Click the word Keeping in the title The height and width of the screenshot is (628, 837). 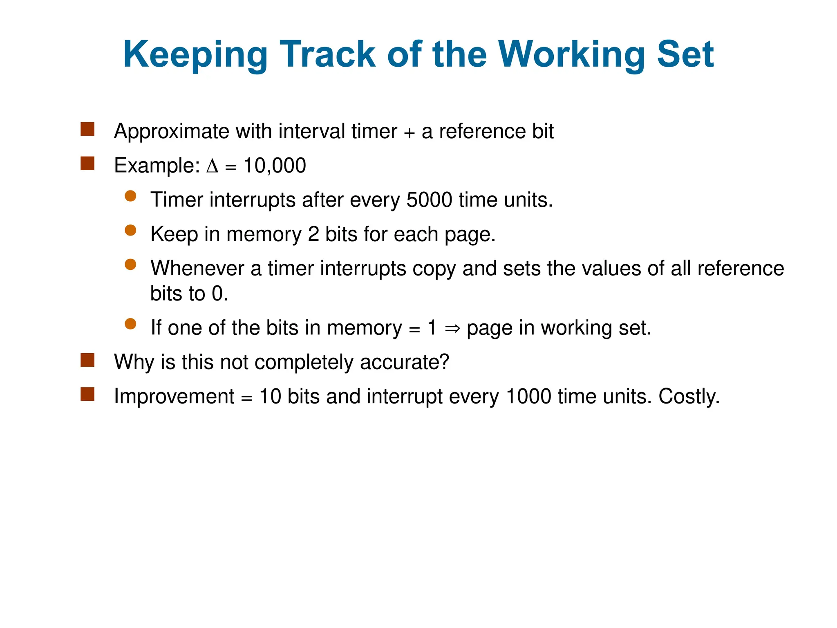click(195, 55)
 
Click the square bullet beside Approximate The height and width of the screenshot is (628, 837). click(87, 129)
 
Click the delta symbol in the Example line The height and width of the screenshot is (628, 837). click(213, 166)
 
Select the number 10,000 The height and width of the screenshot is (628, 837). click(275, 166)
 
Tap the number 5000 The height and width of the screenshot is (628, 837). click(429, 200)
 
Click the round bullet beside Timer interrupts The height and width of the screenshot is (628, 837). click(130, 196)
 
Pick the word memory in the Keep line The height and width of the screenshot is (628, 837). click(264, 235)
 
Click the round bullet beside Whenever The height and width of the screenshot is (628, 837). click(130, 265)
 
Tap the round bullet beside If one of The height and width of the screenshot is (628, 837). click(130, 324)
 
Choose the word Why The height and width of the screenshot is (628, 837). click(134, 362)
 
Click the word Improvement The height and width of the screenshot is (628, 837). click(174, 396)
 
